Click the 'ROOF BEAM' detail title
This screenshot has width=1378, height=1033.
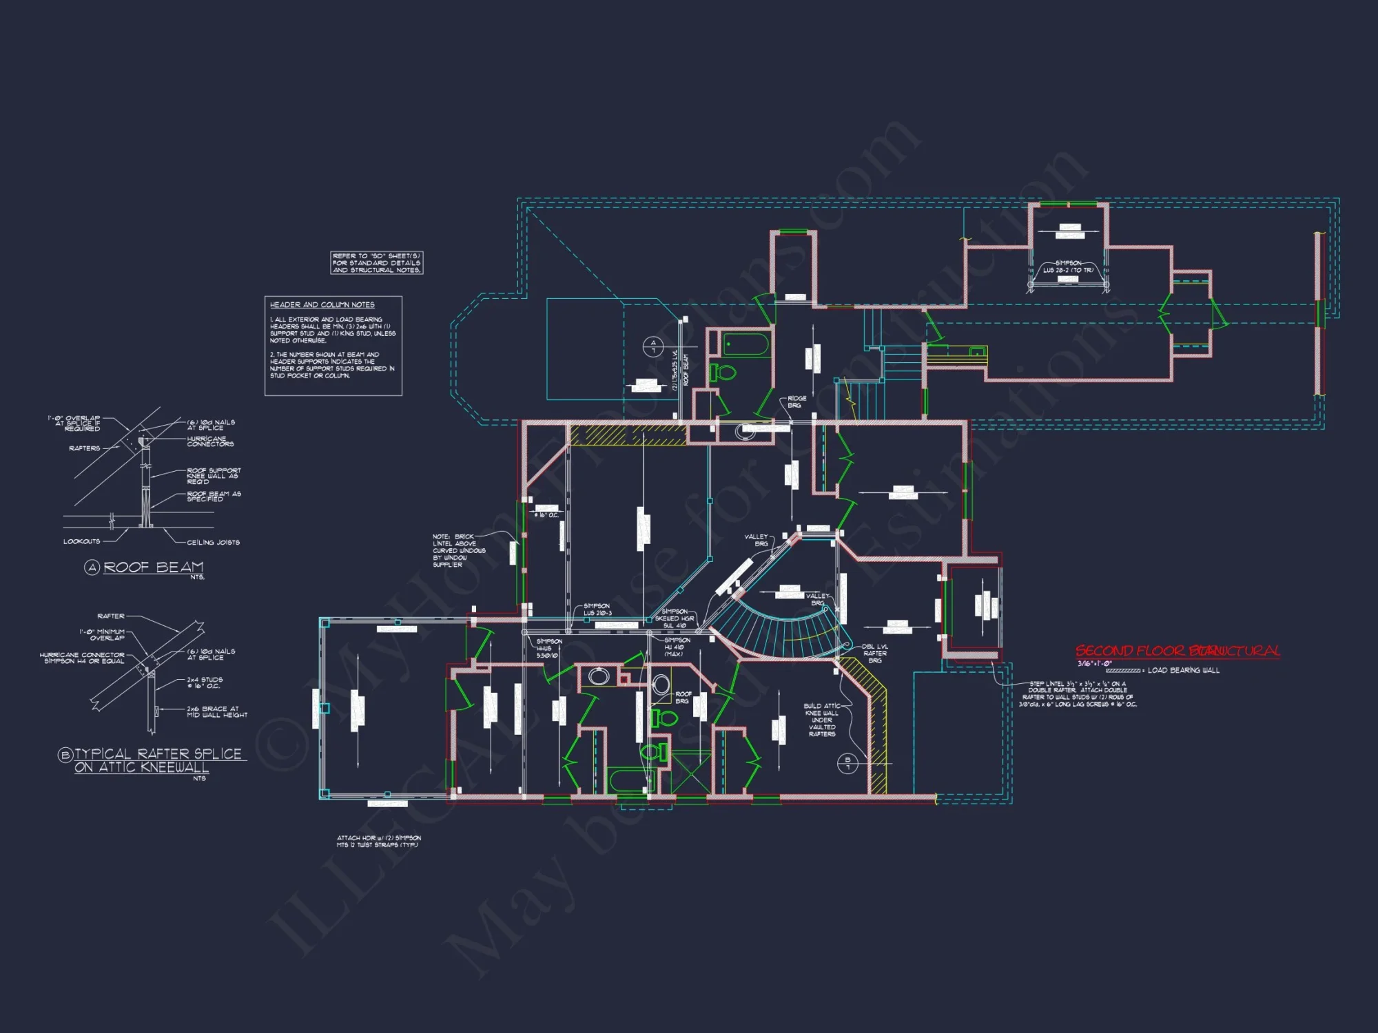tap(153, 567)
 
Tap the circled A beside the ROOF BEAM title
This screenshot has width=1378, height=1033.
tap(92, 567)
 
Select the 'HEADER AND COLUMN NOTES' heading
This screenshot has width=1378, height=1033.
tap(322, 304)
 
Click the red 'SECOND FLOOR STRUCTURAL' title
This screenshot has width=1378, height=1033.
tap(1178, 651)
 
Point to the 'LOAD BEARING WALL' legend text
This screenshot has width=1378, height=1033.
tap(1183, 670)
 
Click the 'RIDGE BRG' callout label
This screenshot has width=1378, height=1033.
tap(796, 402)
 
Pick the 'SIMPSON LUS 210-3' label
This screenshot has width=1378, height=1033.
tap(597, 609)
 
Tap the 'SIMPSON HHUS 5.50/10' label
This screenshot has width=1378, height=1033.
tap(548, 648)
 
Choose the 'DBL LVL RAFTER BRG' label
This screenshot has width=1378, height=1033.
tap(874, 654)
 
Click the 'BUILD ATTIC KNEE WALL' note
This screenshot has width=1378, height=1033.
tap(821, 720)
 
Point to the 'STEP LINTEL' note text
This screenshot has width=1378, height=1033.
tap(1078, 694)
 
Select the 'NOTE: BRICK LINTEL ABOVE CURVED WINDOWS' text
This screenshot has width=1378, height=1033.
tap(458, 550)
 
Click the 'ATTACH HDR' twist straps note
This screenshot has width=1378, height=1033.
tap(378, 842)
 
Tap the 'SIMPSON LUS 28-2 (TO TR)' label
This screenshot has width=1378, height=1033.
tap(1067, 267)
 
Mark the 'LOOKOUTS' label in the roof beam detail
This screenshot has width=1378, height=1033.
tap(81, 541)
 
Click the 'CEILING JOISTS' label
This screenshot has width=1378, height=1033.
tap(213, 543)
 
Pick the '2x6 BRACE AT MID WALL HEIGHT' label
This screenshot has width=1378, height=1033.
tap(216, 712)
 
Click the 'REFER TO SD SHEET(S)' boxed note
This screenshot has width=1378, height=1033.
tap(376, 263)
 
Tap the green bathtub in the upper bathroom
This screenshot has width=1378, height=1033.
tap(745, 344)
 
